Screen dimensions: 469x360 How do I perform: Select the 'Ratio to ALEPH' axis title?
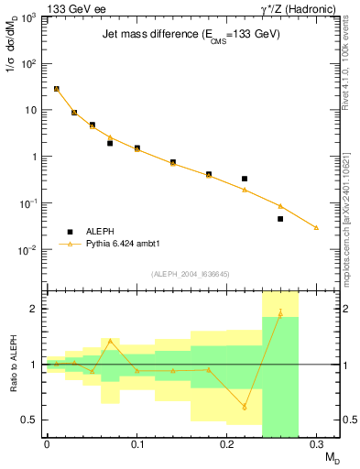click(x=13, y=364)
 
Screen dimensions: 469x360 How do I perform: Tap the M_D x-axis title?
click(x=330, y=458)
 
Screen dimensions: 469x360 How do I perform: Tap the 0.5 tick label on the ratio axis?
click(x=28, y=420)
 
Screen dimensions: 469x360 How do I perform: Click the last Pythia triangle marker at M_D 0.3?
click(x=316, y=227)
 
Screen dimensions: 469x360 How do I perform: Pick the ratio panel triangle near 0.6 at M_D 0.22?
click(x=245, y=407)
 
